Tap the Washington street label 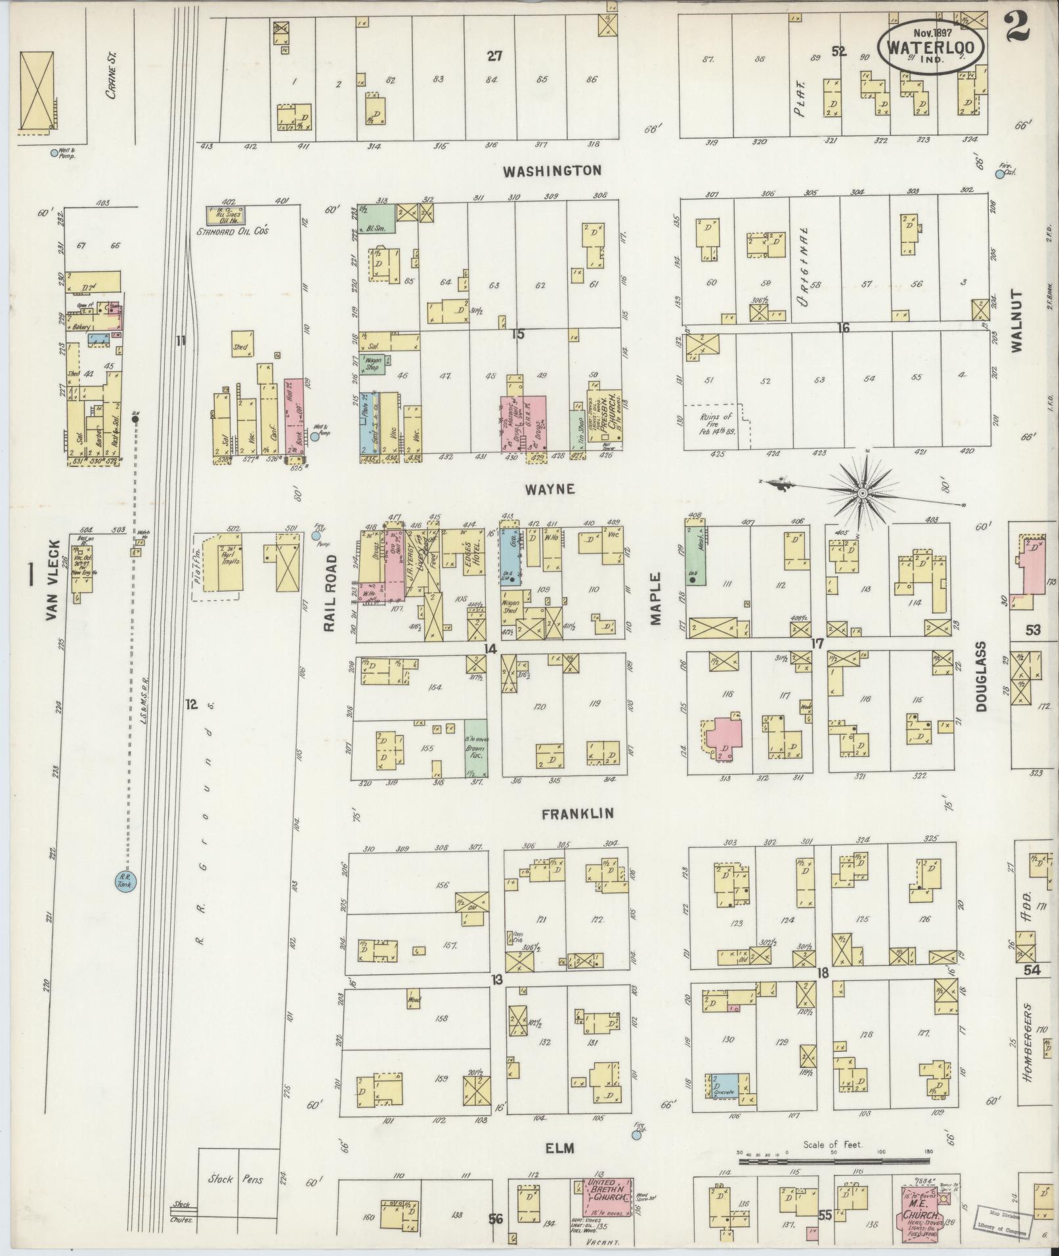[552, 171]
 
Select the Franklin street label [578, 813]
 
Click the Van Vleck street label [54, 580]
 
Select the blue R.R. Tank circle [123, 880]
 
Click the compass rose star [861, 492]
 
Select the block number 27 [494, 56]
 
